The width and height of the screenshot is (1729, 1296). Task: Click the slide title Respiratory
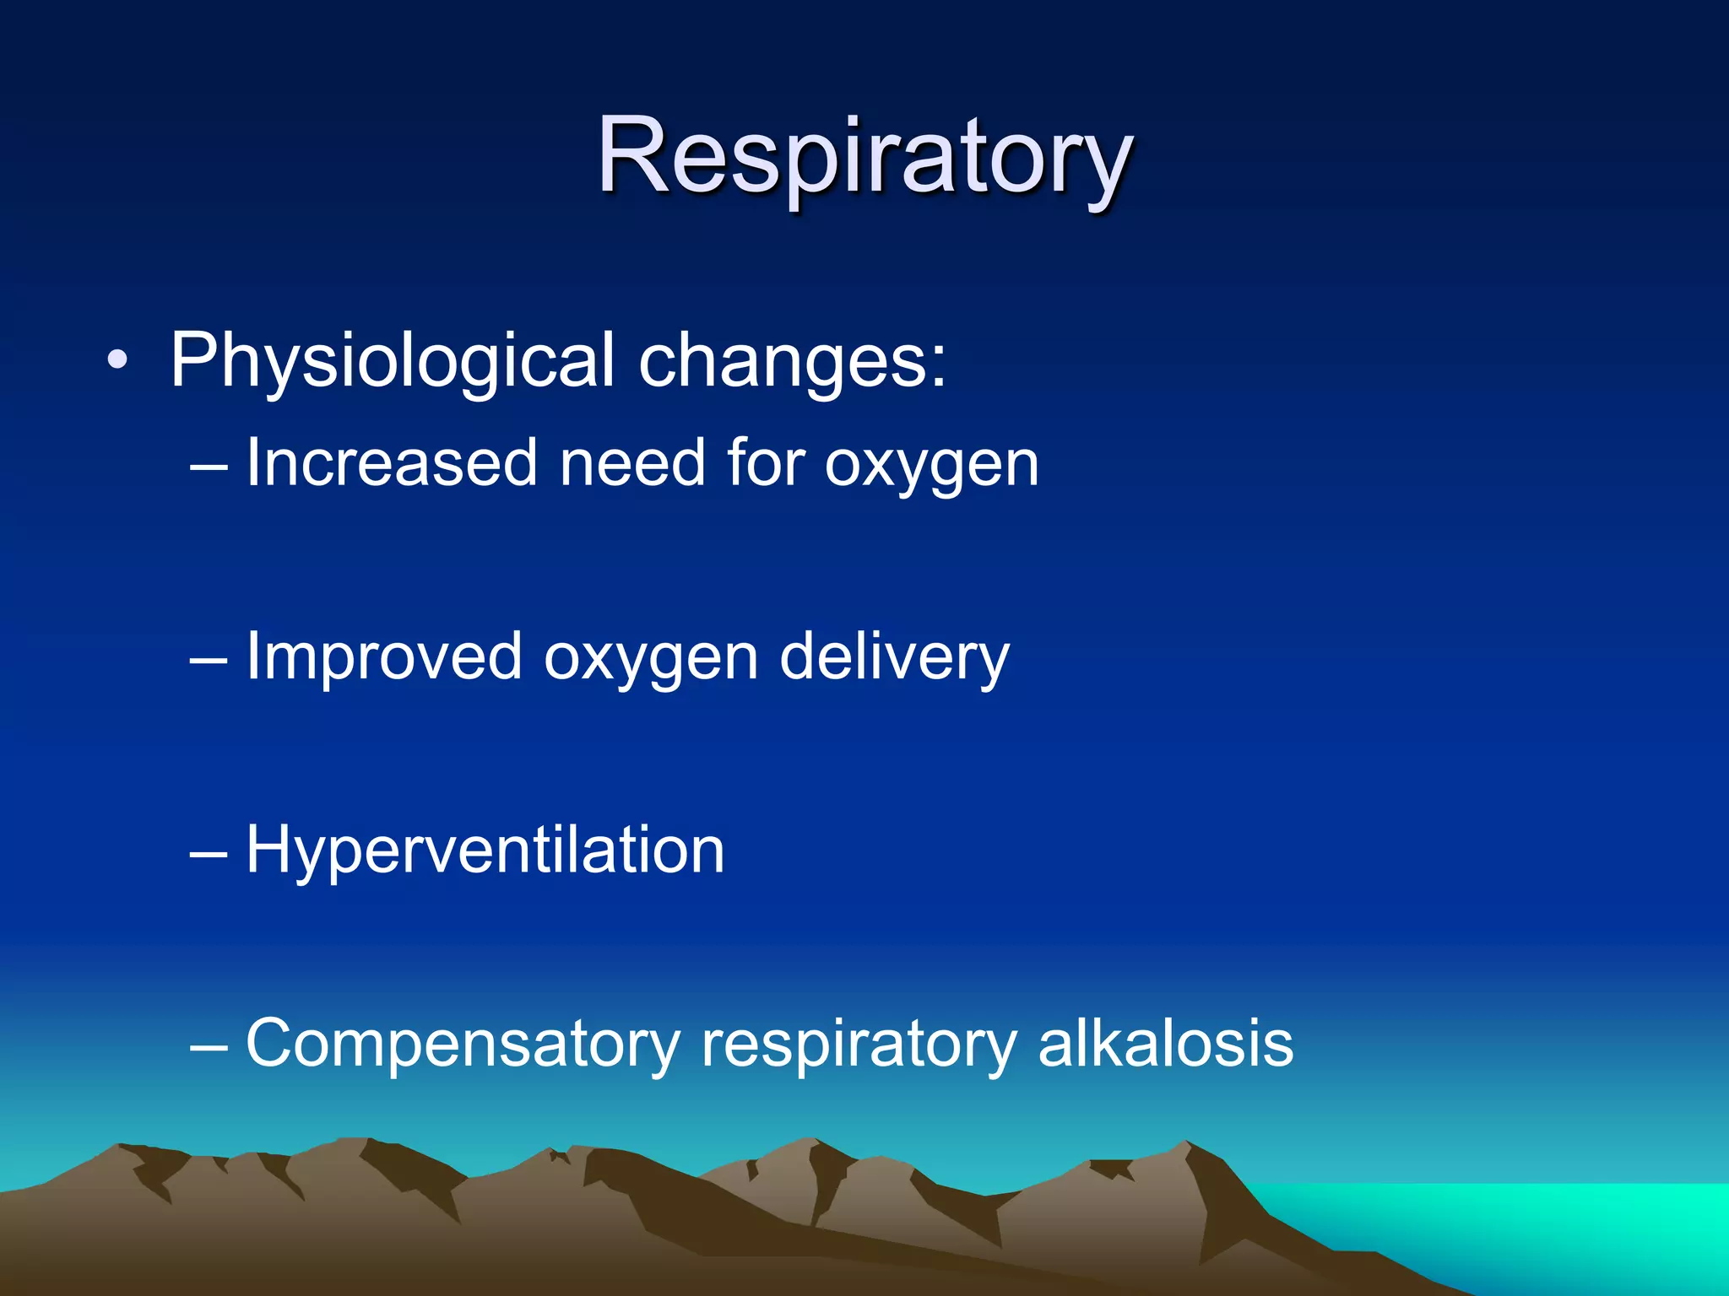(x=864, y=157)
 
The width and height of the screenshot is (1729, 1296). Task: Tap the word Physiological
(x=392, y=361)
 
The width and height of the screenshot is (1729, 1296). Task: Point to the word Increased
(x=392, y=463)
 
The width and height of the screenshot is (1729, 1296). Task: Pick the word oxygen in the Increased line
(x=931, y=465)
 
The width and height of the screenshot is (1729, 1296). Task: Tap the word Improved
(x=384, y=657)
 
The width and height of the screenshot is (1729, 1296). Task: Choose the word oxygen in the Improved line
(x=651, y=659)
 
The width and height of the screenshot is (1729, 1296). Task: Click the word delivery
(x=894, y=657)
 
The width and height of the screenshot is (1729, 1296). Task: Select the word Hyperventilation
(x=485, y=850)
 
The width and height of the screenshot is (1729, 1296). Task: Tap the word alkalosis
(x=1165, y=1043)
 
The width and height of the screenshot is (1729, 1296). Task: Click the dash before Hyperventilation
(x=209, y=853)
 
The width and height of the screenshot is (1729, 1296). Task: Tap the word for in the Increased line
(x=765, y=463)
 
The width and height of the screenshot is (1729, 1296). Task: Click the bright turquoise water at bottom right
(x=1562, y=1223)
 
